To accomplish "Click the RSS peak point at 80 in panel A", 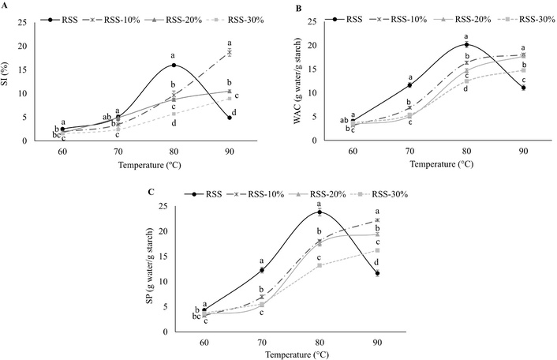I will (174, 65).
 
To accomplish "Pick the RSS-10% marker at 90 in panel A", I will (229, 52).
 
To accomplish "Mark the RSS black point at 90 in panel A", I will (229, 118).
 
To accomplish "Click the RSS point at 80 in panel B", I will (466, 44).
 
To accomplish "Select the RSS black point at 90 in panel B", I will (523, 88).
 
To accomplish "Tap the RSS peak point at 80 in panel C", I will (320, 212).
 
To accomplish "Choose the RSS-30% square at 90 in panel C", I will (377, 250).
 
